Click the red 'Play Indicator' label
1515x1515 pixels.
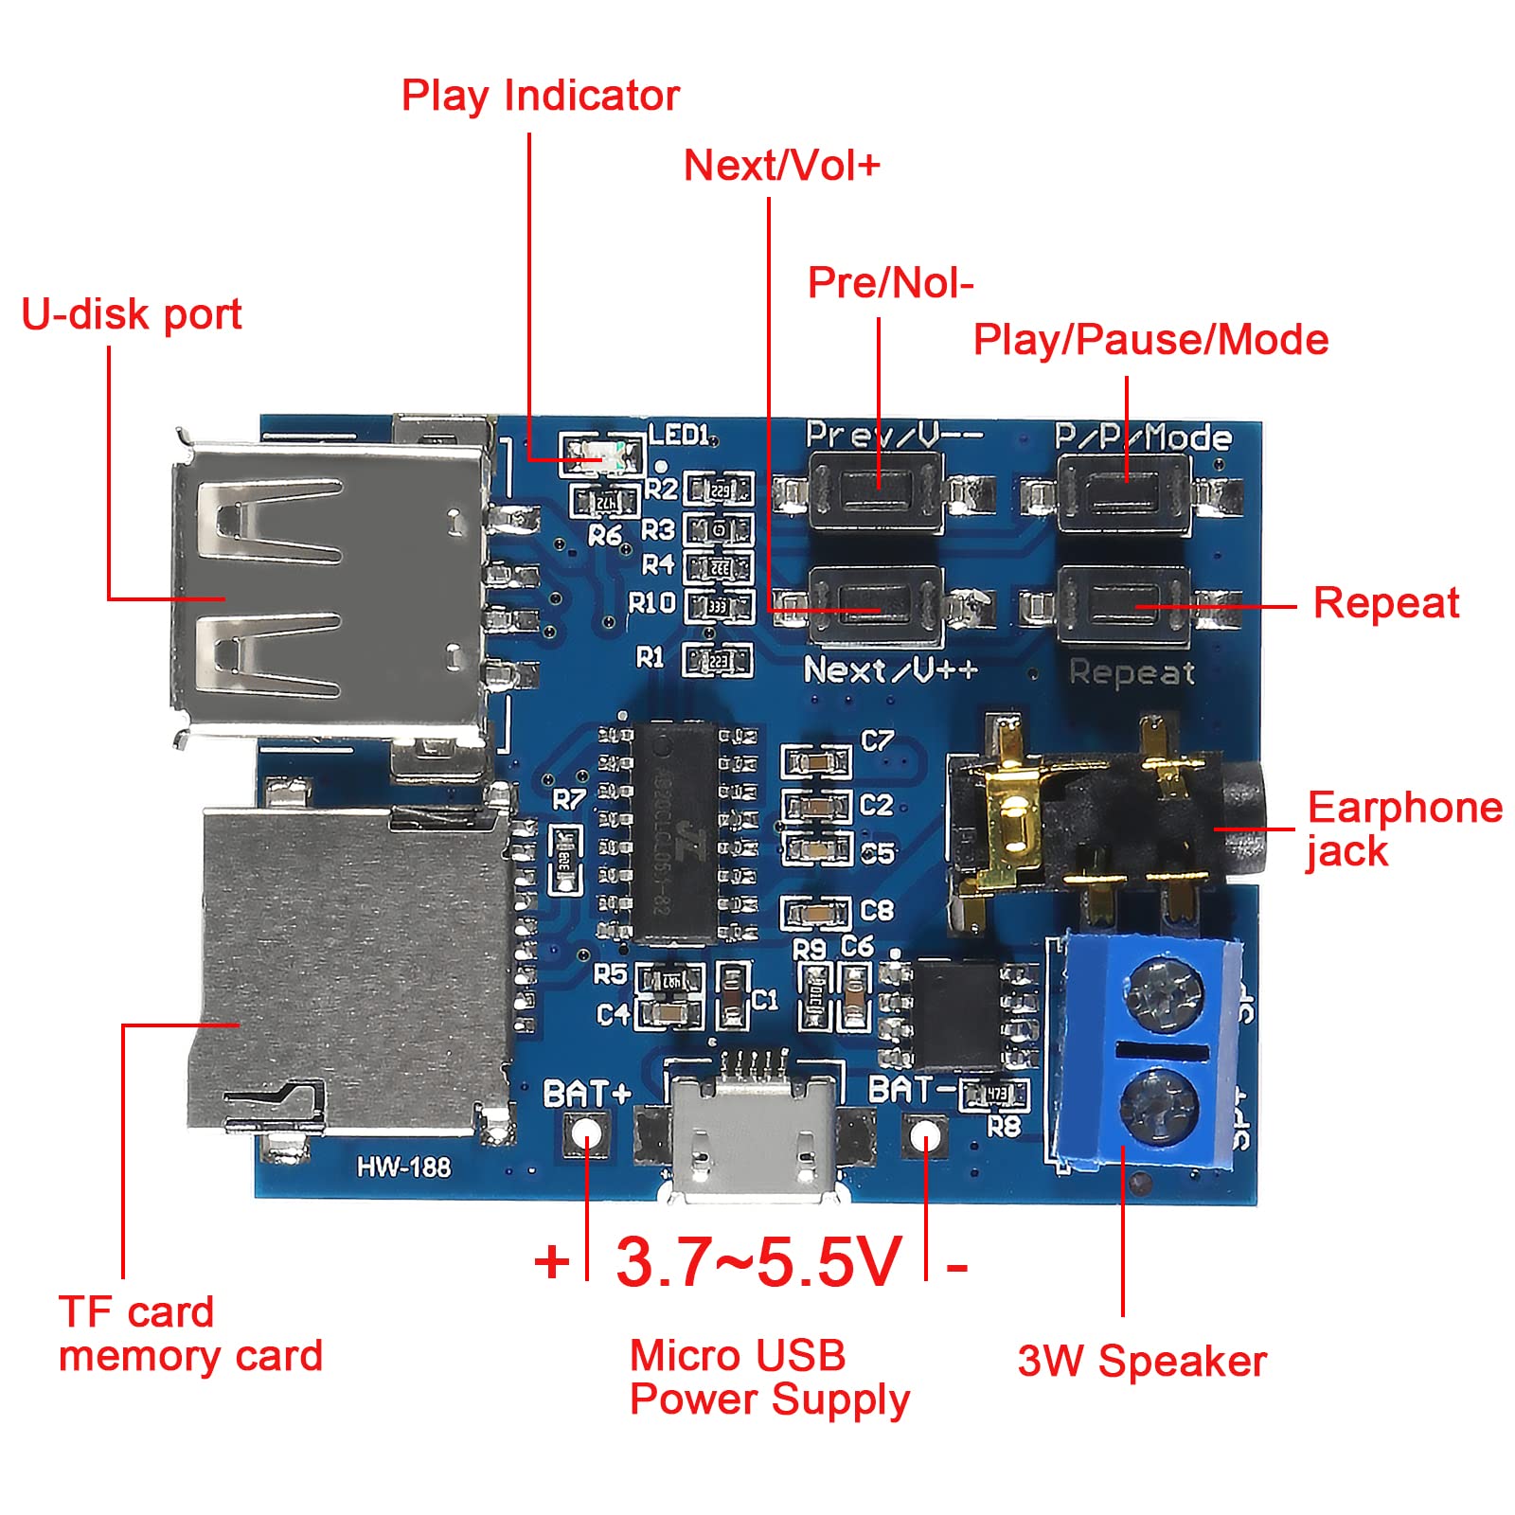[x=540, y=96]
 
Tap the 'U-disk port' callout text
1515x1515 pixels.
[x=132, y=314]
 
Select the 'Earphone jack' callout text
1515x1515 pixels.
[x=1403, y=829]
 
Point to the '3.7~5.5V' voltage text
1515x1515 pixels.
[x=758, y=1262]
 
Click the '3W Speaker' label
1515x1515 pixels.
[x=1142, y=1362]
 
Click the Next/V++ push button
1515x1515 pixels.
[x=877, y=605]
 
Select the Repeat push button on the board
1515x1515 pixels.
[x=1123, y=605]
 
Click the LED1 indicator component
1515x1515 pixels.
[x=601, y=456]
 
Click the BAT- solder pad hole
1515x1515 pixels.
[x=926, y=1133]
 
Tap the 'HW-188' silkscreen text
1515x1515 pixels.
[x=404, y=1167]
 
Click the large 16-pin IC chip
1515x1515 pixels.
[x=674, y=832]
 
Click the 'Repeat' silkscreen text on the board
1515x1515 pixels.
[x=1132, y=672]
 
